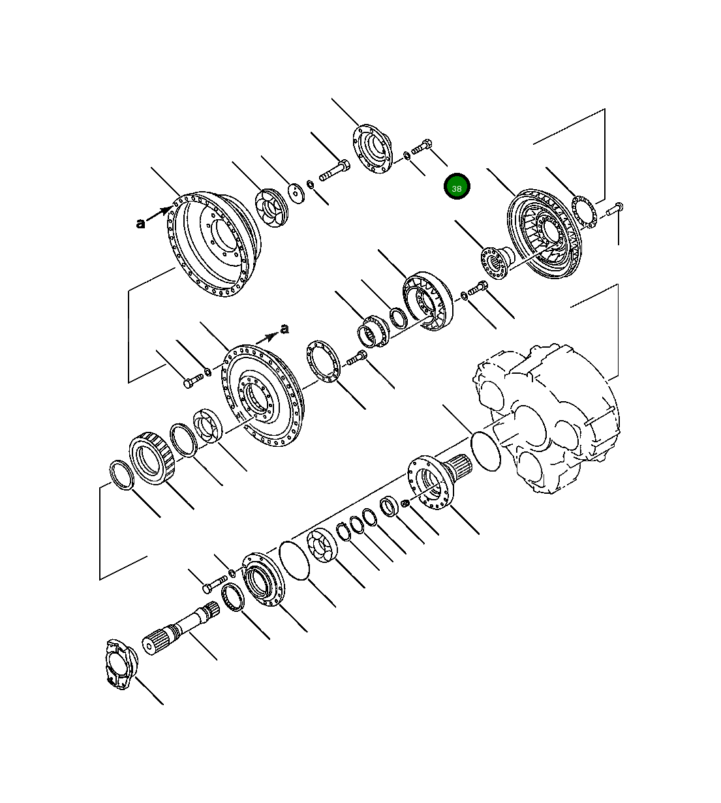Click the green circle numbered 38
(x=457, y=188)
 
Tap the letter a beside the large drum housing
(x=140, y=224)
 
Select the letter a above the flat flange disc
(x=284, y=329)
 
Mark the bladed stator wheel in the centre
(x=428, y=300)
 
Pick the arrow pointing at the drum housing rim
(x=160, y=214)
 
